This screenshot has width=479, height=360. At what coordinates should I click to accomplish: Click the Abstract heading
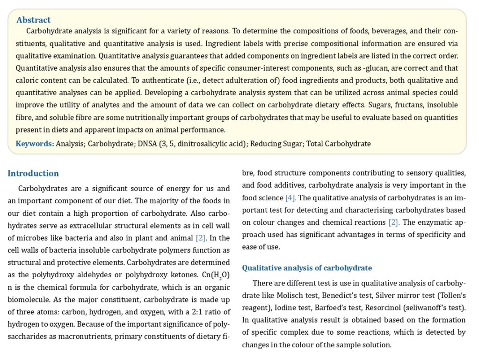click(33, 20)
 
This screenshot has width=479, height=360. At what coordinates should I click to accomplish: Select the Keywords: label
click(35, 144)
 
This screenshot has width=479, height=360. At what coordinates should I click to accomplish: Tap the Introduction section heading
click(33, 174)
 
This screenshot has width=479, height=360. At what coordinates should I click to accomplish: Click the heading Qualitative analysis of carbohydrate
click(307, 268)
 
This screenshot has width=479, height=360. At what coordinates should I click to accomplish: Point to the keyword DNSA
click(148, 144)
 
